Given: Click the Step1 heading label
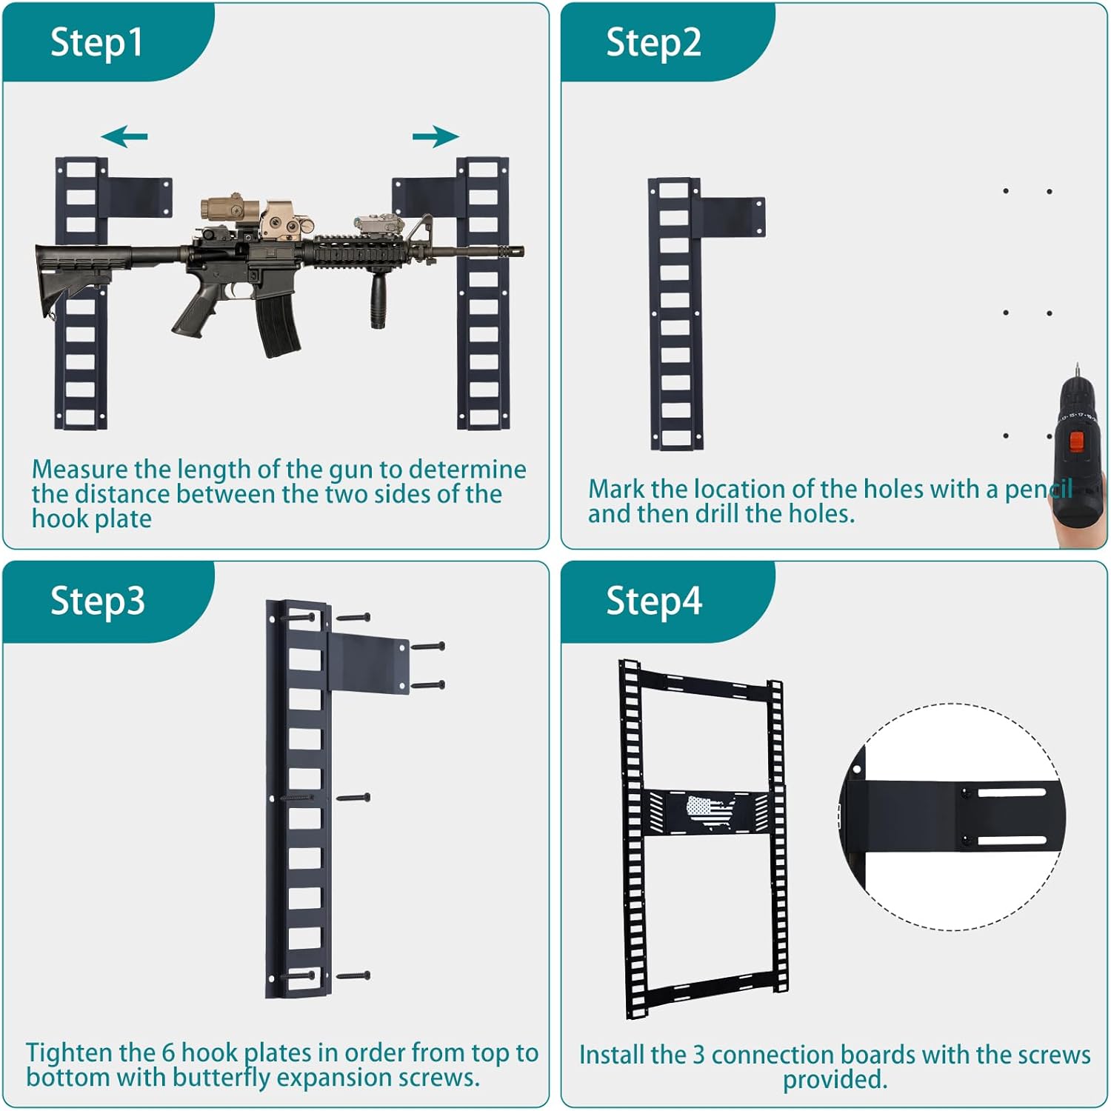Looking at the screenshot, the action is point(96,42).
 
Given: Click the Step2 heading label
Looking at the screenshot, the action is point(653,43).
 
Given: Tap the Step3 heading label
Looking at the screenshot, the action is point(97,601).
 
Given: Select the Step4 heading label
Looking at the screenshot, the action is point(654,601).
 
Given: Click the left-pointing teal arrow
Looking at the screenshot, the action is point(124,136).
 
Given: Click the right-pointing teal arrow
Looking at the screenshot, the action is point(436,136).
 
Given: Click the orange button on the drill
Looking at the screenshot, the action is point(1077,442).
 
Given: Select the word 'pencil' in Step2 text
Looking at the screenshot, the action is point(1038,490).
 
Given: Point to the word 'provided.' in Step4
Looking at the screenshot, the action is point(835,1080).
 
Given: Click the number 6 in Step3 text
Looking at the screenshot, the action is point(169,1053).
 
